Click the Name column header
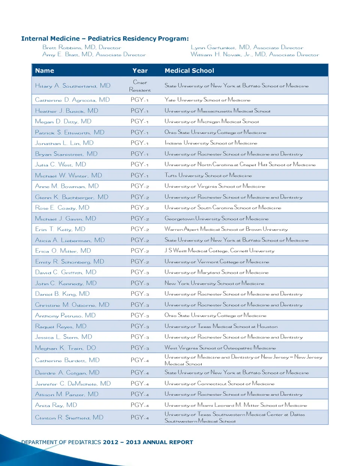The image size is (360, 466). (x=45, y=71)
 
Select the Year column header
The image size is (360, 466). (x=140, y=71)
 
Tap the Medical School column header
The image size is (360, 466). (x=189, y=71)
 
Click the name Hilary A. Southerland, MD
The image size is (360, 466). (x=73, y=86)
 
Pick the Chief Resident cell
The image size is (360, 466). (x=140, y=86)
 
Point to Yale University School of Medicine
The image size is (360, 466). (x=207, y=100)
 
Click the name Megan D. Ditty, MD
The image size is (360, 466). (x=63, y=122)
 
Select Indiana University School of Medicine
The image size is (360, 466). (x=211, y=143)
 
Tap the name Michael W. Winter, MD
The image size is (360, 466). (x=68, y=176)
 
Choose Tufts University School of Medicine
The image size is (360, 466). (x=208, y=176)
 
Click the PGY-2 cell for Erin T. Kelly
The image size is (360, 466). (x=140, y=229)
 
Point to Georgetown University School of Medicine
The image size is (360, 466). (x=216, y=219)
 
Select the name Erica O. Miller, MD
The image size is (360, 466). (x=63, y=251)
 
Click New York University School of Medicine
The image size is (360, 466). (x=214, y=283)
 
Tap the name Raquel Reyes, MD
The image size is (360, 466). (x=61, y=326)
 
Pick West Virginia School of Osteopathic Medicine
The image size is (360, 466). (x=220, y=348)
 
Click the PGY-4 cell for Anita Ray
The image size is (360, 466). (x=140, y=405)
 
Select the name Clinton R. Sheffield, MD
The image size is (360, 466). (x=69, y=418)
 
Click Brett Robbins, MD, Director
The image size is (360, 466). (x=82, y=48)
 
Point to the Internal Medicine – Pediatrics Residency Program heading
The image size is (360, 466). (x=105, y=39)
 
